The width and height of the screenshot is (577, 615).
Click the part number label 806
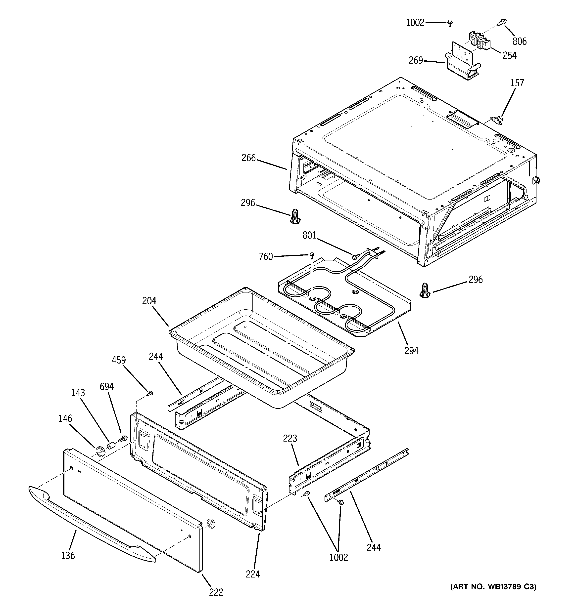(x=519, y=41)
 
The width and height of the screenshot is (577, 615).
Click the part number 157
(x=517, y=83)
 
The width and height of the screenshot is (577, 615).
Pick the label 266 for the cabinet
(x=249, y=158)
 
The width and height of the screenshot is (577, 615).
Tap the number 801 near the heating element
(x=309, y=236)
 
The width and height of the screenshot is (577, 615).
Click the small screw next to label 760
(x=312, y=255)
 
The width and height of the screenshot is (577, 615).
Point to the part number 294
(x=411, y=351)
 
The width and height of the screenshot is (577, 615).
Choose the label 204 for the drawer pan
(x=149, y=301)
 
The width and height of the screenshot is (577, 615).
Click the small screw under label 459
(x=150, y=393)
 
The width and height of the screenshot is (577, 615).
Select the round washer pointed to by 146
(x=100, y=451)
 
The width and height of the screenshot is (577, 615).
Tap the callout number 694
(x=106, y=387)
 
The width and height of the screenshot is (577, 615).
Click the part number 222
(x=216, y=592)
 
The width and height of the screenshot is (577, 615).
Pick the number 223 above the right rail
(x=290, y=438)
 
